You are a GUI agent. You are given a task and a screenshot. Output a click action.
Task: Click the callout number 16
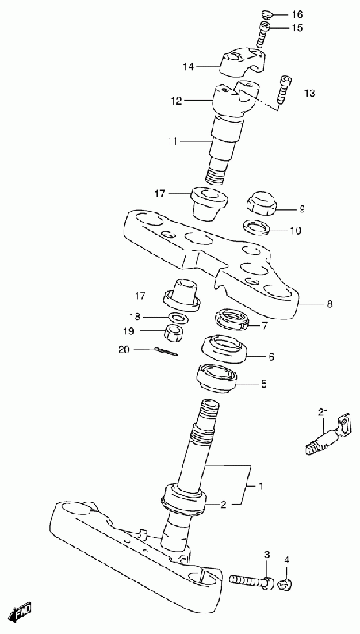click(x=297, y=15)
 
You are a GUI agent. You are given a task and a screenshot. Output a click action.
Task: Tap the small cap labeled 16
click(x=266, y=15)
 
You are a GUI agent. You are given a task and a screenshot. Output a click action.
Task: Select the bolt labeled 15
click(x=262, y=34)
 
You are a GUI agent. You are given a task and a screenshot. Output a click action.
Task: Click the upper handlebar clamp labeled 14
click(x=242, y=61)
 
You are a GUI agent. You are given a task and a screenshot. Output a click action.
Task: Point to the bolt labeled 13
click(x=283, y=90)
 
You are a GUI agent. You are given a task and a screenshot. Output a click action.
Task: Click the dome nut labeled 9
click(x=262, y=204)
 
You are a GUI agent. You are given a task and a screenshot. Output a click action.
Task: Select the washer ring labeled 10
click(x=257, y=227)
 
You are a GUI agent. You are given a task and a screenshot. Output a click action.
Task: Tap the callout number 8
click(x=330, y=304)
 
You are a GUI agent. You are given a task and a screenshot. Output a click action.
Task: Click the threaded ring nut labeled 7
click(x=232, y=319)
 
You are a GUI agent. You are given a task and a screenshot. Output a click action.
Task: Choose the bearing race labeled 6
click(x=225, y=349)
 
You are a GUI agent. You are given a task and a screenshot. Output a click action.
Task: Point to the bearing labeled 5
click(x=216, y=378)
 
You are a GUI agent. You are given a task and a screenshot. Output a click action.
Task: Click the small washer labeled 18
click(x=177, y=318)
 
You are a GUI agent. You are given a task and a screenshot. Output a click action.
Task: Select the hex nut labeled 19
click(x=174, y=332)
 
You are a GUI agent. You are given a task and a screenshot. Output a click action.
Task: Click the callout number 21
click(x=323, y=412)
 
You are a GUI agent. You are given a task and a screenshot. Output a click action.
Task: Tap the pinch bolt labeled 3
click(x=251, y=582)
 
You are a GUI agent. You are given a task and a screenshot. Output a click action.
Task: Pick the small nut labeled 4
click(x=286, y=583)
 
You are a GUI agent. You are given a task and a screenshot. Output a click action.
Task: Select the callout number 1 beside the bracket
click(x=261, y=485)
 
